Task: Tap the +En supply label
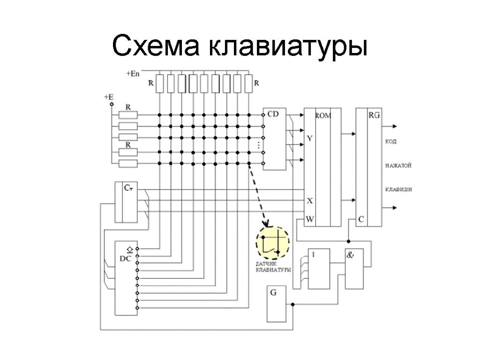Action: coord(133,74)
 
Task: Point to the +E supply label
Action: coord(108,97)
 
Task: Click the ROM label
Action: coord(322,115)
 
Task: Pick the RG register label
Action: coord(374,115)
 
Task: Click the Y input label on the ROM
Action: coord(309,138)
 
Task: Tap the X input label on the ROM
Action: coord(309,201)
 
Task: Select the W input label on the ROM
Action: coord(310,219)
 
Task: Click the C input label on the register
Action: coord(361,219)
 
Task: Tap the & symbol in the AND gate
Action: coord(350,255)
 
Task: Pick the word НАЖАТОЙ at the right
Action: coord(398,165)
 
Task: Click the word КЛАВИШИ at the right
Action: coord(398,189)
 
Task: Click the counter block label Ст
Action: coord(128,187)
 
